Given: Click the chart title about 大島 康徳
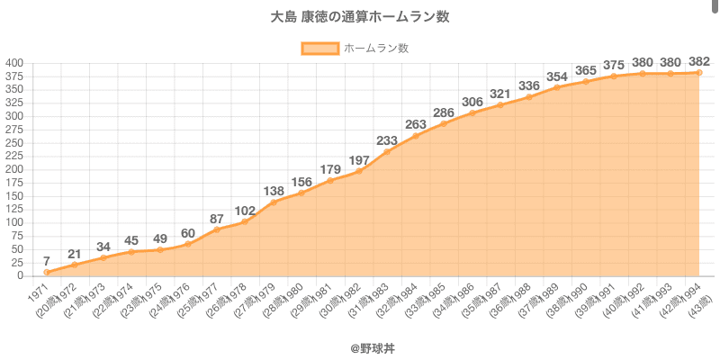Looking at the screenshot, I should coord(360,17).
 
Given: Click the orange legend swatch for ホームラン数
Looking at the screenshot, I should coord(319,49).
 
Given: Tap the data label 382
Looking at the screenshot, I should coord(699,61).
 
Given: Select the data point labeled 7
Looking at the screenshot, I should coord(46,272).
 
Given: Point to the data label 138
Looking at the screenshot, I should coord(274,191).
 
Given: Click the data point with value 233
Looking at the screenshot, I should coord(387,151).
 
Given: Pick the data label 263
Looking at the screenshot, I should coord(416,124).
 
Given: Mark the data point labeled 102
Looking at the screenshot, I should coord(245,221).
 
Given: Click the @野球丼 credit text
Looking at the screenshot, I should coord(360,346).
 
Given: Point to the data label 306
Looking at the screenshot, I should coord(472,102).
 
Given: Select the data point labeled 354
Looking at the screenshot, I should coord(557,87).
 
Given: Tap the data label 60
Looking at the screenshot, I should coord(188,233).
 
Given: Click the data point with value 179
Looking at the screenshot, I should coord(330,180).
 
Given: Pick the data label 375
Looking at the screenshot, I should coord(614,65).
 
